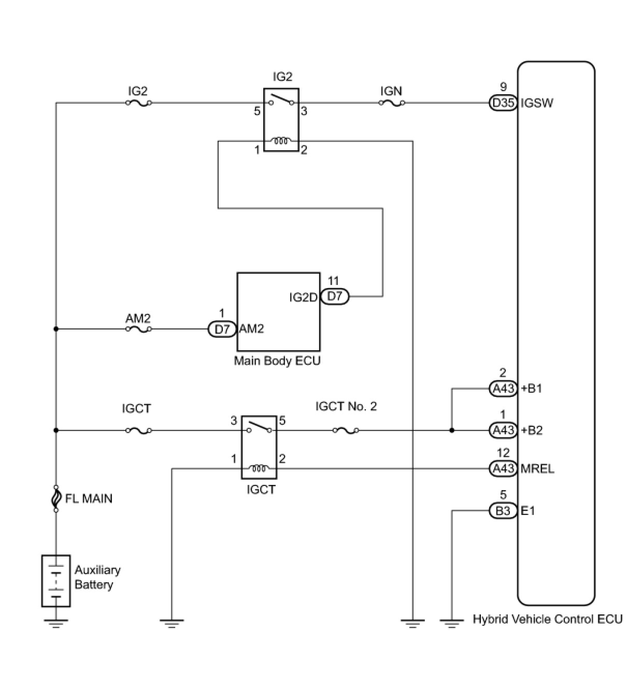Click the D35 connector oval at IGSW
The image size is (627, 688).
[503, 103]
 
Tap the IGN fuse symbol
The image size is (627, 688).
[392, 103]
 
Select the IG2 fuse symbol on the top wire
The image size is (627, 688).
[139, 103]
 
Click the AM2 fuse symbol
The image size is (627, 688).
[139, 329]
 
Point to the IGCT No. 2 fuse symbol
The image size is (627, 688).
[346, 431]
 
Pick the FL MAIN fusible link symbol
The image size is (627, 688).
[56, 499]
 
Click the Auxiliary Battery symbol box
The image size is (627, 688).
[56, 581]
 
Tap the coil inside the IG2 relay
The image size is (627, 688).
[281, 140]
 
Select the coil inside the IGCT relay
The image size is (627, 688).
[259, 468]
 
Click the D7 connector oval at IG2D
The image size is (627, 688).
[335, 296]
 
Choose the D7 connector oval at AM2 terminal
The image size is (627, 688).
[222, 329]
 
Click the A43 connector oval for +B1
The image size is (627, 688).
[503, 389]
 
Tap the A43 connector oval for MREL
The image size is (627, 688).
[503, 468]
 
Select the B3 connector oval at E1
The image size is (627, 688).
[503, 511]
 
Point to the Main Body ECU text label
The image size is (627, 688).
[277, 361]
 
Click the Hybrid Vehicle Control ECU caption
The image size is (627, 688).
[548, 620]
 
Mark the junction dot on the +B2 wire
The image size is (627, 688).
[452, 431]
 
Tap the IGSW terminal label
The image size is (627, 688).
[537, 103]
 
